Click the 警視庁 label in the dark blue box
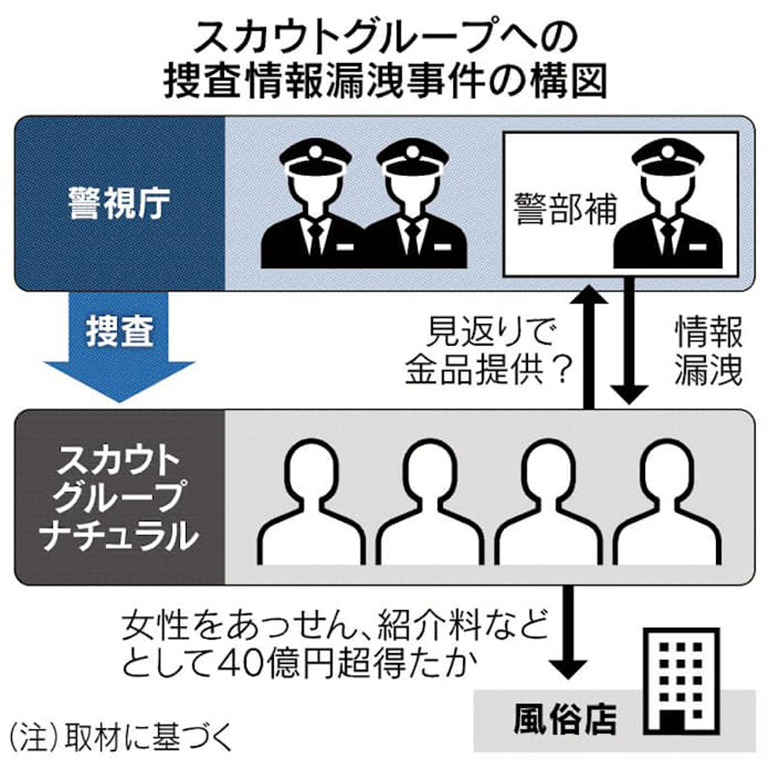(120, 204)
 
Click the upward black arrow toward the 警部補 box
(590, 342)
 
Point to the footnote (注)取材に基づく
(120, 736)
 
